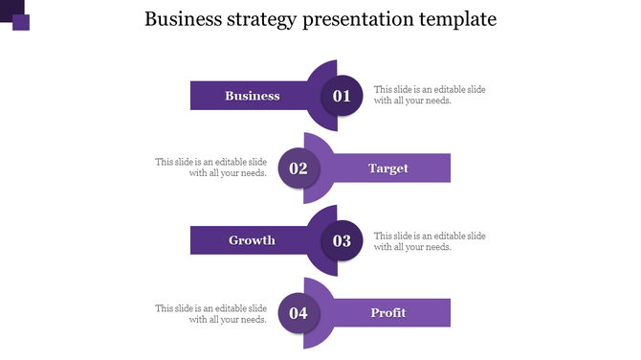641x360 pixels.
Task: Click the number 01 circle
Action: (x=342, y=96)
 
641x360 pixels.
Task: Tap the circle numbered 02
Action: (x=298, y=169)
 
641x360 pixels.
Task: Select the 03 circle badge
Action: (x=342, y=240)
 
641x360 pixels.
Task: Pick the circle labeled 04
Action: (x=298, y=313)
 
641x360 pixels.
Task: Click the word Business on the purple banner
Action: (x=253, y=96)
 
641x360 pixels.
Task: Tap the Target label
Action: (x=388, y=169)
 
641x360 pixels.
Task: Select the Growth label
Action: (x=252, y=240)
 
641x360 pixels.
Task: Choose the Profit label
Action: (x=388, y=313)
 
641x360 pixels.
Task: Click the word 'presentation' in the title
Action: (x=353, y=19)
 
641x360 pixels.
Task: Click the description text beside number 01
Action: (x=429, y=95)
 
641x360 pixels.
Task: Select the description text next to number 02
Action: (x=211, y=168)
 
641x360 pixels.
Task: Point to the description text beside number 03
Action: (x=429, y=241)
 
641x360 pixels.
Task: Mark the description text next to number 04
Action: (x=211, y=314)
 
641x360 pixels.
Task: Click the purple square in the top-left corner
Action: (x=19, y=19)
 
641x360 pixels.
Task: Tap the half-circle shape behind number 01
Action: (x=325, y=69)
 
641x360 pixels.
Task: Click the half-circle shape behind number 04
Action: (x=315, y=287)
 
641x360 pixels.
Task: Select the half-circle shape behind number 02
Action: (x=315, y=143)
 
